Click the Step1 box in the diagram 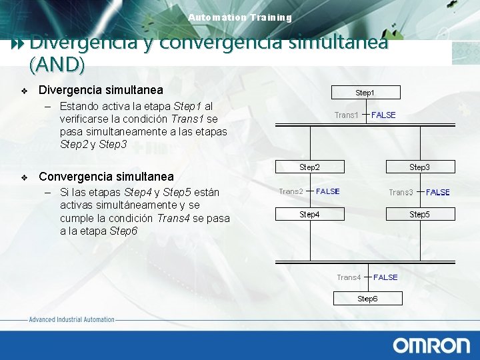365,93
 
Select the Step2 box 309,167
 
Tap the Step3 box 420,167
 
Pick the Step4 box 309,214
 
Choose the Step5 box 420,214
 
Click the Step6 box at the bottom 367,299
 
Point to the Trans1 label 346,115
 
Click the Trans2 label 291,191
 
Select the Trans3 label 401,192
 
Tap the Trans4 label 349,277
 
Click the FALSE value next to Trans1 383,115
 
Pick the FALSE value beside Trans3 438,192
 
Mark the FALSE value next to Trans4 385,277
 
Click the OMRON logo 431,345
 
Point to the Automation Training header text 240,17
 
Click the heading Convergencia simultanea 106,177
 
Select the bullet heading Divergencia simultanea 101,90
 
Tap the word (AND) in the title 57,64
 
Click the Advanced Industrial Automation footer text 71,320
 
